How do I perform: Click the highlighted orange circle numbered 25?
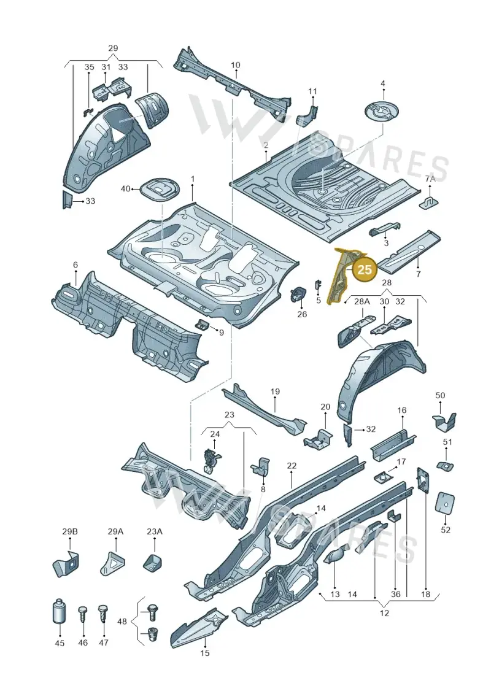365,270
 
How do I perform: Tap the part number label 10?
236,65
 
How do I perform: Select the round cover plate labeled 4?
383,110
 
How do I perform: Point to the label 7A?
430,179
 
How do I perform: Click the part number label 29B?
69,531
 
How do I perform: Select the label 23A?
155,531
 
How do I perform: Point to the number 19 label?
275,391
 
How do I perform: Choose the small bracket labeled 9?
203,325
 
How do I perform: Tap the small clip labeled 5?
317,286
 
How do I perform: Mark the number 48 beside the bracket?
122,622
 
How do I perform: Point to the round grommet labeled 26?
300,295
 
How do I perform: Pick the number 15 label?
204,652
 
